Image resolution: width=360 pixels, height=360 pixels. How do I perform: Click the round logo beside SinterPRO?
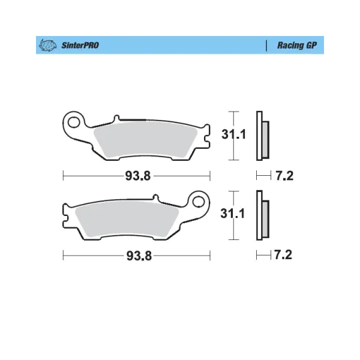click(48, 45)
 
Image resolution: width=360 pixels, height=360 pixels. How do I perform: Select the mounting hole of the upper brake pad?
click(75, 122)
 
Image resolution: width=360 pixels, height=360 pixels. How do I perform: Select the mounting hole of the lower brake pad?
click(199, 202)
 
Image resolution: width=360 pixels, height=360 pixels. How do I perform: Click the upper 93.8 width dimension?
click(137, 176)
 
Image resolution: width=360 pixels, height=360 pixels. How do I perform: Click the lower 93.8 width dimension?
click(137, 255)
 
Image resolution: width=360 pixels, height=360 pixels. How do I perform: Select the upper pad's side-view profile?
click(262, 136)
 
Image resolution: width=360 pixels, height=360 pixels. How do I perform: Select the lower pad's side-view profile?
click(262, 215)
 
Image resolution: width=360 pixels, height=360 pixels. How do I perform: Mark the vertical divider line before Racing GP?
click(266, 45)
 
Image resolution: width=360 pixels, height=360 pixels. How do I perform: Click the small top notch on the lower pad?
click(155, 197)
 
